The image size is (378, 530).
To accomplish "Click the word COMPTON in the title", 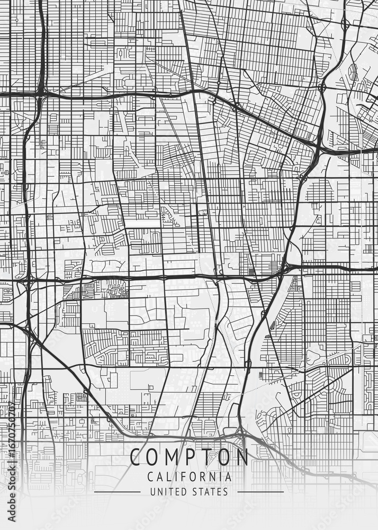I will coord(189,457).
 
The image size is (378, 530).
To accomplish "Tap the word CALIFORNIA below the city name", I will coord(189,477).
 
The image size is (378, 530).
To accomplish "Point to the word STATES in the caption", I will coord(211,492).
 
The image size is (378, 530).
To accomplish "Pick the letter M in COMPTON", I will coord(172,457).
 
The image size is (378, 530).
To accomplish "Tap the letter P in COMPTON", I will coord(190,457).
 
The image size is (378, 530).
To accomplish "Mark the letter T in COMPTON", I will coord(206,457).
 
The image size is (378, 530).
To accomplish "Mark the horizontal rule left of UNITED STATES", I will coord(117,492).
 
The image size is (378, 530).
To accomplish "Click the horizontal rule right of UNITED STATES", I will coord(260,492).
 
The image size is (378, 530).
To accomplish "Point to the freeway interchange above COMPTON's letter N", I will coord(241,435).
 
